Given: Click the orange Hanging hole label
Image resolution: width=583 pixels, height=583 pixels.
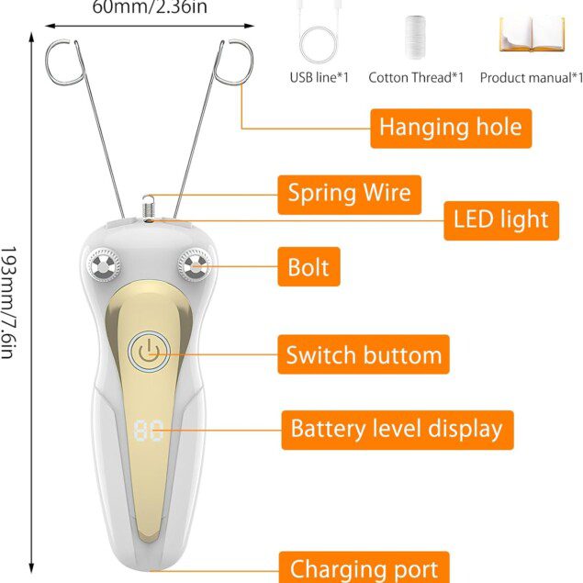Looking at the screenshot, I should click(x=450, y=127).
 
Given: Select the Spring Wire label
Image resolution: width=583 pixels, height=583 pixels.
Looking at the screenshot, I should click(x=349, y=194).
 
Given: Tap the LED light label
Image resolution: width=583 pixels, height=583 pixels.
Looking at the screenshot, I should click(x=500, y=219).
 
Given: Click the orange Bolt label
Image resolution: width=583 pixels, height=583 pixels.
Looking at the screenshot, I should click(x=308, y=269).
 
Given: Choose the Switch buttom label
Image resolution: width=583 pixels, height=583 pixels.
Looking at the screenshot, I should click(x=364, y=354).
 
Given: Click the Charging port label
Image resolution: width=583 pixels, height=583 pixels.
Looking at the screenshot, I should click(x=364, y=568).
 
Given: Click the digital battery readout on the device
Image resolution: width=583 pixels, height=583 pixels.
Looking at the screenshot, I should click(x=149, y=431).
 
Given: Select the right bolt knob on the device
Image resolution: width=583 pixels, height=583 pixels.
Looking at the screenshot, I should click(x=194, y=267).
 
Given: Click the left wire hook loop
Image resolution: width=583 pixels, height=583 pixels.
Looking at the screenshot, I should click(x=64, y=60).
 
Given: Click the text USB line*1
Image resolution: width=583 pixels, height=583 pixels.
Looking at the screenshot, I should click(x=319, y=77).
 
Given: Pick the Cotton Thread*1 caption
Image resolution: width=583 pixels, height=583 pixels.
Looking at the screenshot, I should click(x=416, y=77).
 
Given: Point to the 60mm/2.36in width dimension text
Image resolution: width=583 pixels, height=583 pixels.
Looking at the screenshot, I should click(x=149, y=8).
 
